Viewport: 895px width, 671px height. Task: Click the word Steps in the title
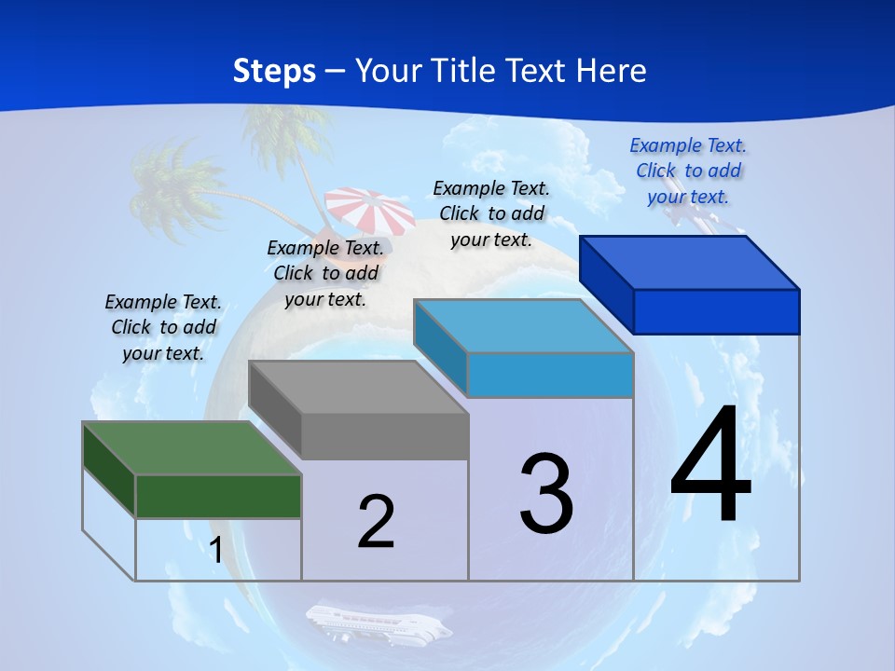[x=274, y=71]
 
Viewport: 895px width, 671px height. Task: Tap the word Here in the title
[x=611, y=71]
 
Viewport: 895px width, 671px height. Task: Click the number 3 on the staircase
[x=546, y=494]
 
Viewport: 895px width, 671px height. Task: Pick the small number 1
[x=216, y=550]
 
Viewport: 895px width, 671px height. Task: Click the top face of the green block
[x=191, y=448]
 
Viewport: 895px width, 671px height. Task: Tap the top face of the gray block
[x=358, y=387]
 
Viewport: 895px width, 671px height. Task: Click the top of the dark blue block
[x=690, y=263]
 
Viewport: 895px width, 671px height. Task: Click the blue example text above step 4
[x=688, y=171]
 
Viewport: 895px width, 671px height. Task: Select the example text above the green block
[x=163, y=328]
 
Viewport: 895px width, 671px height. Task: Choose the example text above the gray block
[x=325, y=274]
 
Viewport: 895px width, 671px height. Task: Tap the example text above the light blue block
[x=491, y=214]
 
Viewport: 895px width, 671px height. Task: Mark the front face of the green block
[x=218, y=496]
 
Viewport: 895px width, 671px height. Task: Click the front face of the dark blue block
[x=716, y=311]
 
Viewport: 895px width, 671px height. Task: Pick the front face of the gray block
[x=384, y=436]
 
